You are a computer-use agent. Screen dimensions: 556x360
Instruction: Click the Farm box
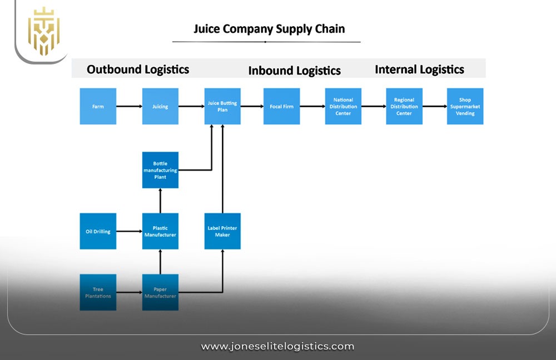click(x=98, y=106)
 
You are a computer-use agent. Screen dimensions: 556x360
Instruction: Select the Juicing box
click(x=160, y=106)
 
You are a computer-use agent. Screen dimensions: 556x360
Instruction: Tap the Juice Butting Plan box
click(x=222, y=106)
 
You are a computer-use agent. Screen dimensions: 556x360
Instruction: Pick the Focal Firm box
click(x=281, y=106)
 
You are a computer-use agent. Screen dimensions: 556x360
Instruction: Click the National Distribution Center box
click(x=343, y=106)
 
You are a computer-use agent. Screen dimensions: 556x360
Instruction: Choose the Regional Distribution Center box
click(x=404, y=106)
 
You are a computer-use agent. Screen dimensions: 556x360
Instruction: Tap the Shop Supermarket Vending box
click(x=465, y=106)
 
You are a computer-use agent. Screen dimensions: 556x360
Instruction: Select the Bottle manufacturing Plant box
click(x=160, y=170)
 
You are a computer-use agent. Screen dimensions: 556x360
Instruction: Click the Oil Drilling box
click(x=98, y=231)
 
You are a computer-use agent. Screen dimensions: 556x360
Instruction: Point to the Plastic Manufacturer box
click(x=160, y=231)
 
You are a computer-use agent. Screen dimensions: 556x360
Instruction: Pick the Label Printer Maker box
click(x=222, y=231)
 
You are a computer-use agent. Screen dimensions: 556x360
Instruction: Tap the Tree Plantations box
click(x=98, y=292)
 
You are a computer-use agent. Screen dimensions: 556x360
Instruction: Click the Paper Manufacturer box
click(x=160, y=292)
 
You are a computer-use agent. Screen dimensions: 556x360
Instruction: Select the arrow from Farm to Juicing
click(x=129, y=106)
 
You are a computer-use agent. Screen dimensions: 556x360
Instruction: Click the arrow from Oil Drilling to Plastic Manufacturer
click(x=129, y=231)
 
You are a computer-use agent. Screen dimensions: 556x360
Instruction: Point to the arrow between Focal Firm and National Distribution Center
click(x=312, y=106)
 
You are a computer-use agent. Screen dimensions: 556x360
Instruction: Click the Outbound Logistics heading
click(x=138, y=69)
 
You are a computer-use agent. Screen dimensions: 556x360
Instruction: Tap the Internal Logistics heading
click(x=419, y=69)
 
